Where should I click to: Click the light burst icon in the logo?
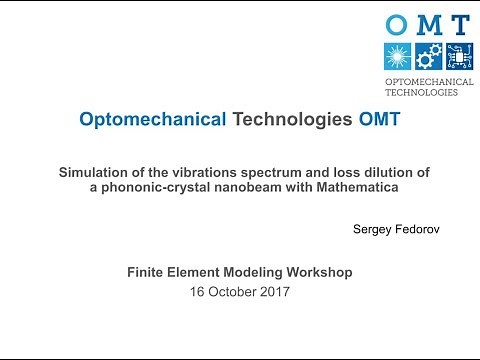[398, 56]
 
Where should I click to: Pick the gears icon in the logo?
[428, 56]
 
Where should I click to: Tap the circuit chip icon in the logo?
[458, 56]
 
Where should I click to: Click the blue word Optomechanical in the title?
[152, 121]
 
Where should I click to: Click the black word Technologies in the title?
[292, 121]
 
